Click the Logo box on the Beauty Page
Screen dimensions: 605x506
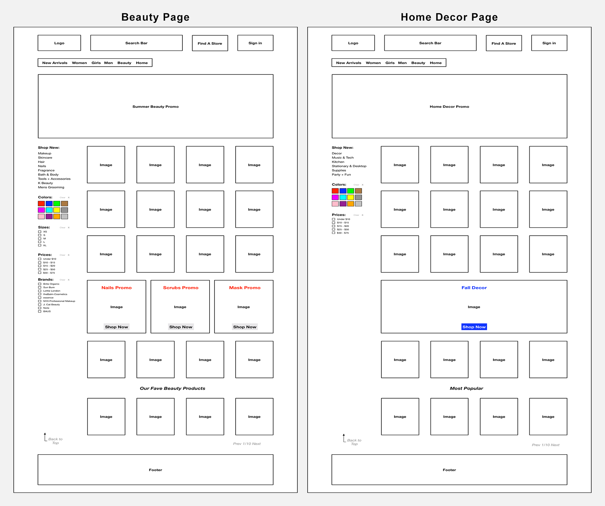[x=59, y=43]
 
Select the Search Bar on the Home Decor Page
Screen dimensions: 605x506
[x=430, y=43]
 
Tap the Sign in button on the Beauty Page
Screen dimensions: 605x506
[x=255, y=43]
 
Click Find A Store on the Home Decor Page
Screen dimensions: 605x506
[x=504, y=43]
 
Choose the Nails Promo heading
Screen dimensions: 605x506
[x=117, y=288]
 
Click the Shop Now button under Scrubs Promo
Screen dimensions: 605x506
[x=181, y=327]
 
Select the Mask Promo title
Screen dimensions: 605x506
[x=245, y=288]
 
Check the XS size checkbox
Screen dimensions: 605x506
[x=40, y=232]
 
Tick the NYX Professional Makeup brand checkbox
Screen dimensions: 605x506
[x=40, y=301]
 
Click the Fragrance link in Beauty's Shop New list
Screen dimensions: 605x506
[x=46, y=170]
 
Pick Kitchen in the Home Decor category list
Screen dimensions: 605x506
[x=338, y=162]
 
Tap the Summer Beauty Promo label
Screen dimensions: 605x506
[x=155, y=107]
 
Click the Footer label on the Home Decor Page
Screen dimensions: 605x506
[x=449, y=470]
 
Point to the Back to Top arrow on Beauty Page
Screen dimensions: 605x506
[x=45, y=437]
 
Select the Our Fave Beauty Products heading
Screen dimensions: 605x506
[x=172, y=388]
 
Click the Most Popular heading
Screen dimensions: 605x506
[x=466, y=388]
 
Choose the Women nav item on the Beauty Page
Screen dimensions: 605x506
[x=79, y=63]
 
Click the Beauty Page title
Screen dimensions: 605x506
[x=155, y=17]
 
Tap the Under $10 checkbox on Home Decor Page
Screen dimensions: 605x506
[x=333, y=219]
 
